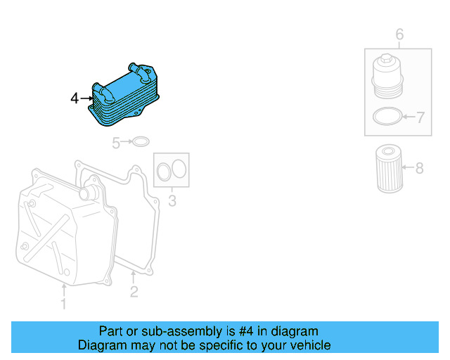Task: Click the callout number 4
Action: pos(75,98)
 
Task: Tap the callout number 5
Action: pos(117,143)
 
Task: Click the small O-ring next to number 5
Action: pos(141,143)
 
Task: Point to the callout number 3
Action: pos(172,203)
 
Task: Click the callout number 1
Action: pos(63,304)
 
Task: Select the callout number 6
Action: pos(399,34)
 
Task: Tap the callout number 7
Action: pos(420,118)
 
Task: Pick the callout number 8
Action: pos(420,168)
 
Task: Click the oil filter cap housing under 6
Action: pos(385,78)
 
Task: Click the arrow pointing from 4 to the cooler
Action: pos(86,98)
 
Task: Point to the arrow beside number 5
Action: pos(127,143)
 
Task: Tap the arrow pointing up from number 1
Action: pos(63,290)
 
